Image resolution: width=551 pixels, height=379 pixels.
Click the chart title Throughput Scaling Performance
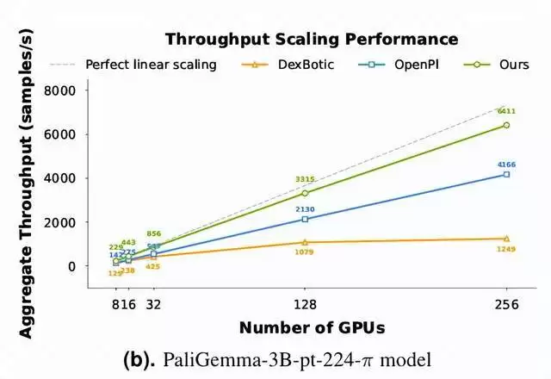[x=311, y=39]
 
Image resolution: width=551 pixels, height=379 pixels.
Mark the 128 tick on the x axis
[x=305, y=302]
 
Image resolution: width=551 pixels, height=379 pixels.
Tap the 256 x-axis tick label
[x=506, y=302]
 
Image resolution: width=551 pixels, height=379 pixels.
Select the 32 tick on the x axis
[x=153, y=302]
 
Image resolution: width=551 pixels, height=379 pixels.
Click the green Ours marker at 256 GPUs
[x=506, y=125]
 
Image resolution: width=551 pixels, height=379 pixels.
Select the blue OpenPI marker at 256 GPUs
[x=506, y=174]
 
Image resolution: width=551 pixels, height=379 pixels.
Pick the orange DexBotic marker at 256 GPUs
[x=506, y=239]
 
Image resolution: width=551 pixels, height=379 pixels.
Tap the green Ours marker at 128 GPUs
[x=305, y=193]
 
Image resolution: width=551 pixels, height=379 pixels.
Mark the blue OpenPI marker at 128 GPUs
[x=305, y=219]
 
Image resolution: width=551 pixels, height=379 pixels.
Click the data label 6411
[x=506, y=111]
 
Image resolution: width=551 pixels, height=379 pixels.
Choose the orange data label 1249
[x=506, y=250]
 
